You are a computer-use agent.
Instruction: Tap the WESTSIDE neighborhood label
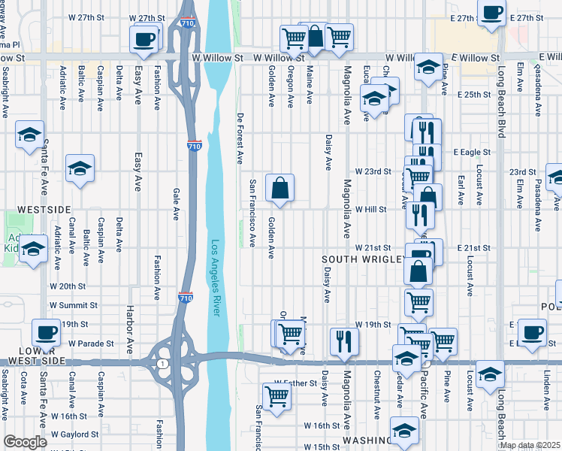coord(44,209)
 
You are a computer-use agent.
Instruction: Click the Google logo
coord(25,442)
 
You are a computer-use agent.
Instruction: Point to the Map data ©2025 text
coord(530,445)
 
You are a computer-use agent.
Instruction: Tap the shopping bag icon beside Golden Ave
coord(279,188)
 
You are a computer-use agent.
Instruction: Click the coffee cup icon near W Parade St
coord(46,332)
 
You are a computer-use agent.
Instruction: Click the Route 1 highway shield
coord(162,364)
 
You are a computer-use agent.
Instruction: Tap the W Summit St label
coord(74,305)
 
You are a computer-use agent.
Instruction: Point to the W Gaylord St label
coord(74,434)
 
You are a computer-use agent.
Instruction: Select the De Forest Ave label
coord(240,138)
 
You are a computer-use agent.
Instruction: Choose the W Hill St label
coord(370,210)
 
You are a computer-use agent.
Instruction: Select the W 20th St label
coord(68,286)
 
